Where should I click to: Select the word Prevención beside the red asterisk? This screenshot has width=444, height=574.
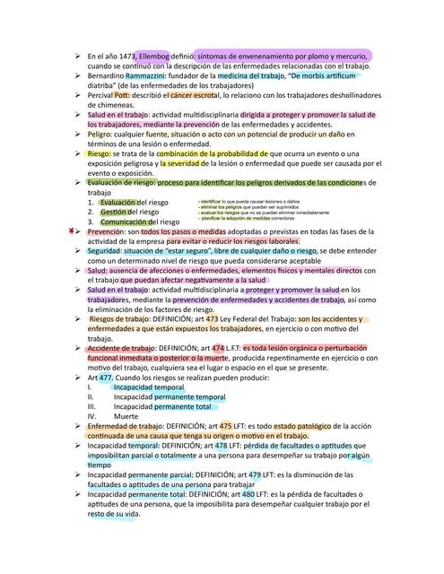pos(105,231)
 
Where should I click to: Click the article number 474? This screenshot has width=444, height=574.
pos(218,348)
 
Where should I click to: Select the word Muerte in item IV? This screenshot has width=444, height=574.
pos(126,416)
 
